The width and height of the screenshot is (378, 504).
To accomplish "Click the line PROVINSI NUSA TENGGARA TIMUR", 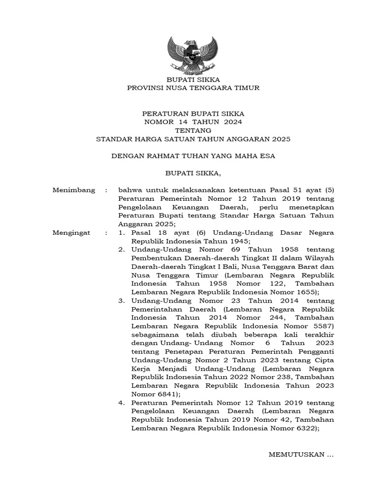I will (193, 88).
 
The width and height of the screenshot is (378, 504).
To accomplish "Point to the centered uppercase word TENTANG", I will (193, 130).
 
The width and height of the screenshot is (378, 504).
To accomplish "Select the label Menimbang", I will (73, 190).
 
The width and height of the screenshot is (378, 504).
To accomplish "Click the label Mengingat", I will (71, 232).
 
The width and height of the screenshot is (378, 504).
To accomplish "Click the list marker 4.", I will (121, 403).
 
